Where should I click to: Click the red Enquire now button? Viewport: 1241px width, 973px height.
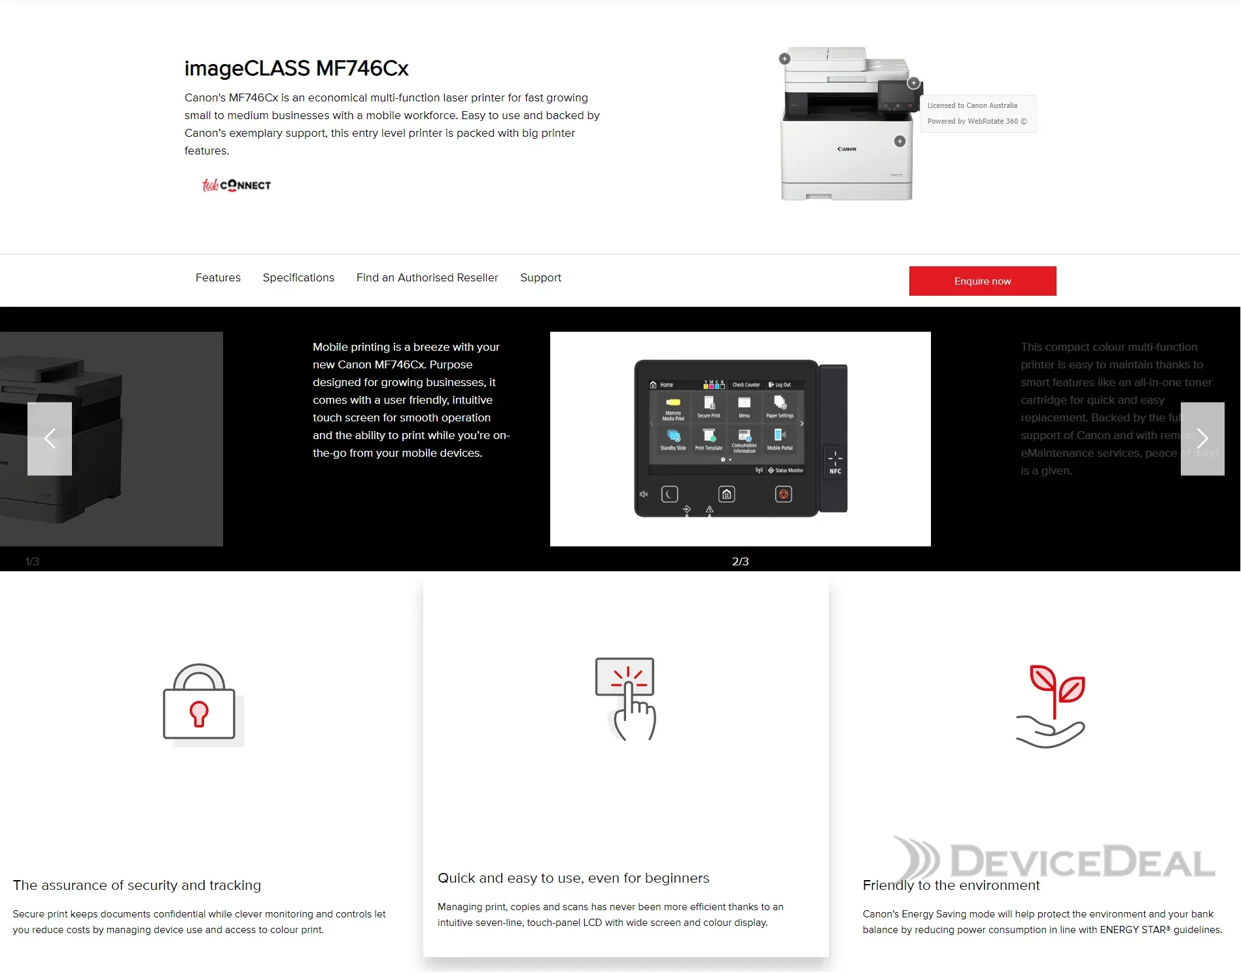coord(982,281)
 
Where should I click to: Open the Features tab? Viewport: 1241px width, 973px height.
coord(218,277)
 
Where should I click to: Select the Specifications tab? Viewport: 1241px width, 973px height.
coord(298,277)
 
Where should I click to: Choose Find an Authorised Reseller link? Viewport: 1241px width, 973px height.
coord(427,277)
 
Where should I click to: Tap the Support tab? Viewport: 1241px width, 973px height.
coord(540,277)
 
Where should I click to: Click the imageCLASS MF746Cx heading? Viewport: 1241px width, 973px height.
coord(296,68)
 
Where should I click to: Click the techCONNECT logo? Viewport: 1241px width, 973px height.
coord(236,185)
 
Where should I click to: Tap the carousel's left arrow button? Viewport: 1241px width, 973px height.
coord(50,438)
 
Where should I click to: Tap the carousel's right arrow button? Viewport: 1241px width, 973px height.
coord(1202,438)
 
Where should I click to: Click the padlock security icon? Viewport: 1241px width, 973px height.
coord(199,703)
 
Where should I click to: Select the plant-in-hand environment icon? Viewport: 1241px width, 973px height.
coord(1051,705)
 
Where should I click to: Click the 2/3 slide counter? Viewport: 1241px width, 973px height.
coord(740,561)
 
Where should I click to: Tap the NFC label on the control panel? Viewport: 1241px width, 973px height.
coord(835,470)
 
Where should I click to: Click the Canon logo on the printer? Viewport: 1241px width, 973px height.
coord(847,149)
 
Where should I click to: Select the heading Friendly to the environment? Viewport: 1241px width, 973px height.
coord(951,885)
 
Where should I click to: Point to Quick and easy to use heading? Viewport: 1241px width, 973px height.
coord(573,878)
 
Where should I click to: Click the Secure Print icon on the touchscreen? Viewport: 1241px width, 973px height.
coord(708,406)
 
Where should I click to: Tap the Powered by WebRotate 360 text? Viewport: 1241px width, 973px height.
coord(977,121)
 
